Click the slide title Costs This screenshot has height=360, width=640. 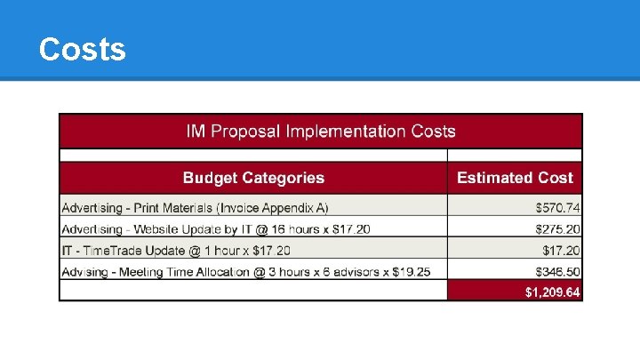coord(83,49)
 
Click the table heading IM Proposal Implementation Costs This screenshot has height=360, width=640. coord(320,132)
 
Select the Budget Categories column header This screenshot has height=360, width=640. coord(253,178)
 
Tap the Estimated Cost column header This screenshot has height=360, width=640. coord(515,178)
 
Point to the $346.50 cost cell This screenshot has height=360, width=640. coord(557,270)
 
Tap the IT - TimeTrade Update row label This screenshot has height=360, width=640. coord(133,250)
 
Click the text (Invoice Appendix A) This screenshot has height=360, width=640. coord(276,207)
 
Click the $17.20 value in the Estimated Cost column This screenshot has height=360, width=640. coord(561,250)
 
